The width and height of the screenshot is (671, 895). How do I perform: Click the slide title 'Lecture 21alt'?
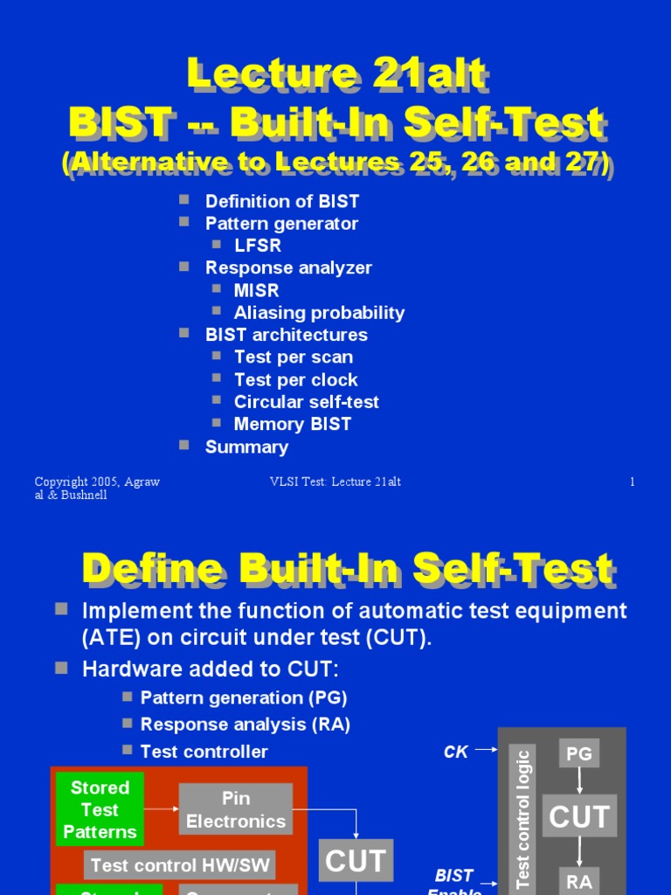point(335,76)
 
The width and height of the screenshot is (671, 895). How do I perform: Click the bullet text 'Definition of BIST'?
point(281,201)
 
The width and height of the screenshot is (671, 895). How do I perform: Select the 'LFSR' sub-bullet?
point(258,246)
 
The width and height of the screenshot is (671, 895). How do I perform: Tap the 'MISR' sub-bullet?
point(255,290)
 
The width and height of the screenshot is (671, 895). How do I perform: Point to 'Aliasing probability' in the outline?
point(319,313)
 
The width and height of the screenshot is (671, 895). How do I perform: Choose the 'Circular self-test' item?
point(306,402)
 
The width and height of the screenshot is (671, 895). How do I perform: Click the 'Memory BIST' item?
point(292,424)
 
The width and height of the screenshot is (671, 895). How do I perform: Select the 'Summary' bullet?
point(246,447)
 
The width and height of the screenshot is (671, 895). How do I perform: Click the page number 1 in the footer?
point(632,482)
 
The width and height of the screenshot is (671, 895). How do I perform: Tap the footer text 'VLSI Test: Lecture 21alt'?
point(335,482)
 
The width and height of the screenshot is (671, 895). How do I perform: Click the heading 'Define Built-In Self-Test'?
point(347,569)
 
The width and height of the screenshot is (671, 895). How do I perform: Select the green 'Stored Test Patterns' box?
point(100,809)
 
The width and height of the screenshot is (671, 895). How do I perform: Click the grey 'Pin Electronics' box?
point(236,809)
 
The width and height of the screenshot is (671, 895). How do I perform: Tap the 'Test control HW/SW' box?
point(180,865)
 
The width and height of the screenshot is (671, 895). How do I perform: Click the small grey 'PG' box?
point(579,753)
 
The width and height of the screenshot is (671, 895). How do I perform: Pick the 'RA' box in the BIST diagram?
point(579,881)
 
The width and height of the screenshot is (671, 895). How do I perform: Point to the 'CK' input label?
point(456,752)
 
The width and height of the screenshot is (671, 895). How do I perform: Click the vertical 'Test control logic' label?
point(523,817)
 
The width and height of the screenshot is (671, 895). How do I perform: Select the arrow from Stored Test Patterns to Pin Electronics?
point(162,809)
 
